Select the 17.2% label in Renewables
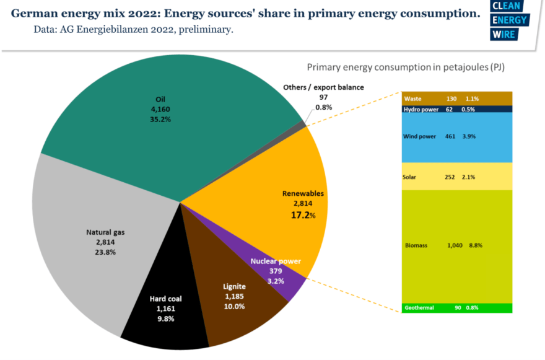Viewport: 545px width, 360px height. pyautogui.click(x=303, y=216)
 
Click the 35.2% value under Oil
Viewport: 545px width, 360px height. pyautogui.click(x=160, y=120)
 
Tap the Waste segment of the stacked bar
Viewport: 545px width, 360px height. pyautogui.click(x=457, y=99)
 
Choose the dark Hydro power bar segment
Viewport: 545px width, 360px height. pyautogui.click(x=457, y=109)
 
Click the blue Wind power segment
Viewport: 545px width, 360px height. pyautogui.click(x=457, y=136)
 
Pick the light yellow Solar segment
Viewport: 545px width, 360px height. pyautogui.click(x=457, y=177)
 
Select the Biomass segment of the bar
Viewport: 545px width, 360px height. pyautogui.click(x=457, y=245)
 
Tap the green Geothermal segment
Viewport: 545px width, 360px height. pyautogui.click(x=457, y=307)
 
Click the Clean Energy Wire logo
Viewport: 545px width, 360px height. pyautogui.click(x=508, y=20)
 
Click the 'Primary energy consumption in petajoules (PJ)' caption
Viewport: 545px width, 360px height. pyautogui.click(x=406, y=67)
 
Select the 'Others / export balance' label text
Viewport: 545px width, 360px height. pyautogui.click(x=323, y=87)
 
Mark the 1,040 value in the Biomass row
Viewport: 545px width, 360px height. pyautogui.click(x=455, y=245)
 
